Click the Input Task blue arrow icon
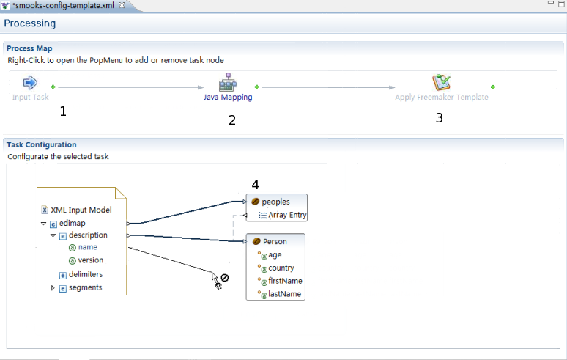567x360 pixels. (30, 82)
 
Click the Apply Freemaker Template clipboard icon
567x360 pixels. (441, 82)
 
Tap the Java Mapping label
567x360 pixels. (228, 97)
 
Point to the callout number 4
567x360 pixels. (255, 185)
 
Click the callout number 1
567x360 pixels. (63, 111)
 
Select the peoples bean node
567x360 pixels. (275, 202)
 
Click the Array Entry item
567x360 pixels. (287, 216)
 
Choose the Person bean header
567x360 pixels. (275, 241)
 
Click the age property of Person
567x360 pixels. (275, 255)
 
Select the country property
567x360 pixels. (281, 268)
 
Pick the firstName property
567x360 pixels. (285, 281)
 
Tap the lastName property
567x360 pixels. (285, 294)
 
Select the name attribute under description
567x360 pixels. (87, 248)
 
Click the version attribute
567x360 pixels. (90, 260)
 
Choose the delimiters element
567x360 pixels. (85, 274)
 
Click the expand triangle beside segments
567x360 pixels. (53, 288)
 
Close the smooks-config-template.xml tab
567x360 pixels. (122, 5)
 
